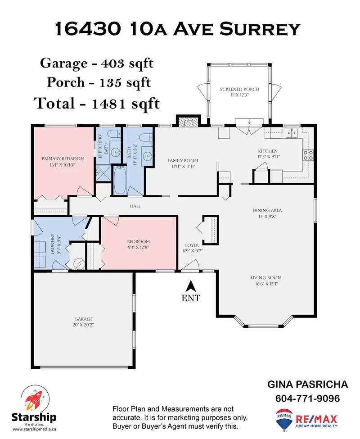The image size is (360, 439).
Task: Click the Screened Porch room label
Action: [x=239, y=92]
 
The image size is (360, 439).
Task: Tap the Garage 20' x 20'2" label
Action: [x=83, y=322]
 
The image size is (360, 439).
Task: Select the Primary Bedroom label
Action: [x=63, y=162]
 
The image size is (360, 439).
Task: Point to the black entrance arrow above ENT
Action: [x=190, y=286]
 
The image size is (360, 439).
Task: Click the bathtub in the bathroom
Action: [x=120, y=180]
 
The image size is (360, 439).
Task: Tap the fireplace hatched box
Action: [x=189, y=122]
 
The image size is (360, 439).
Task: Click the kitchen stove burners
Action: [x=308, y=155]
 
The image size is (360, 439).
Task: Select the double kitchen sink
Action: [x=292, y=133]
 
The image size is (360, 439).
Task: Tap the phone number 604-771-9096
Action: [x=307, y=398]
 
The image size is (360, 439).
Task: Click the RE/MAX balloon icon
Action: [x=284, y=420]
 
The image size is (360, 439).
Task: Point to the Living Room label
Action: [x=266, y=281]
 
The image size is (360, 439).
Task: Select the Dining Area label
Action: [x=267, y=213]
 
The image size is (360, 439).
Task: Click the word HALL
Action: [x=135, y=206]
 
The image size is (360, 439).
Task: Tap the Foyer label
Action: [x=192, y=248]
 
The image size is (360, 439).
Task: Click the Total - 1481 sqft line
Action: [x=97, y=103]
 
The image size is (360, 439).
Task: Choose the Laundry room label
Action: [x=55, y=244]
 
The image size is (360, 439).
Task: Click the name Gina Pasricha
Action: [x=307, y=385]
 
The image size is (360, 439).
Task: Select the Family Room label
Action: [x=183, y=163]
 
